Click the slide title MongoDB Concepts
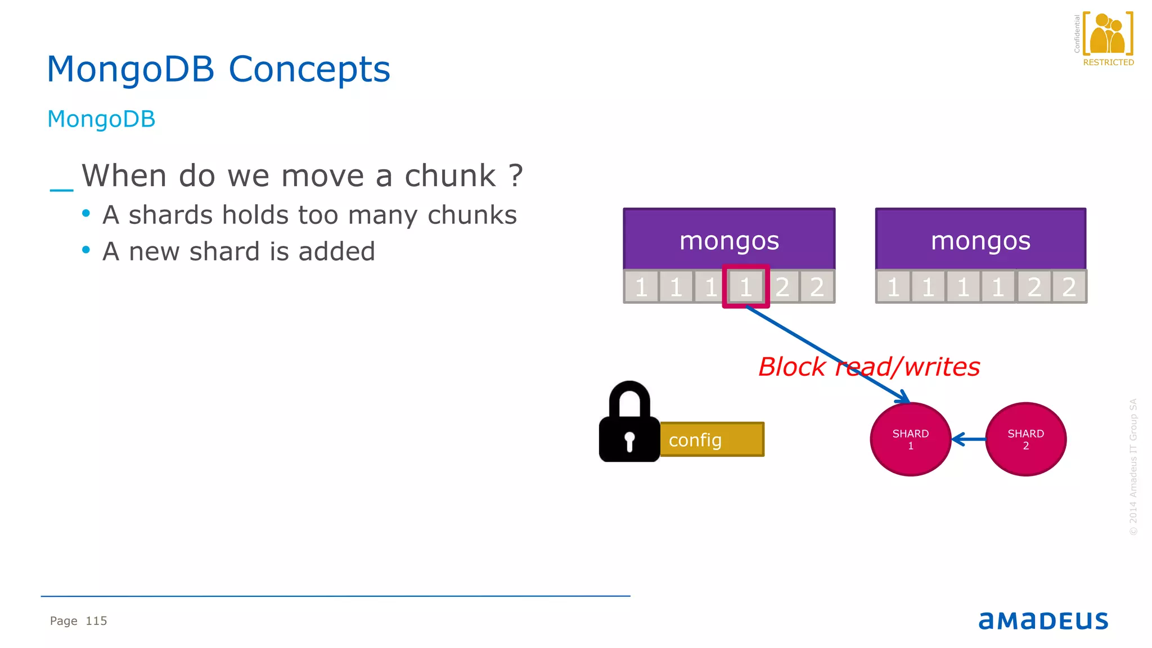(x=218, y=69)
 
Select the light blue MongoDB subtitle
(x=101, y=119)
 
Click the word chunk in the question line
(x=450, y=176)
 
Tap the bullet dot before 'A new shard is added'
(x=86, y=250)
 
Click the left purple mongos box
(x=729, y=240)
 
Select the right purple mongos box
(x=980, y=240)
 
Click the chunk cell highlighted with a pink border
(x=746, y=287)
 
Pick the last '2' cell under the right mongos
(x=1069, y=287)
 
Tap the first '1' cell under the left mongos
(x=641, y=287)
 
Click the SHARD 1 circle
(x=910, y=439)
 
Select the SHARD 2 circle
(x=1025, y=439)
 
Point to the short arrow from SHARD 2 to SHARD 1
(x=969, y=439)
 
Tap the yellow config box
(x=712, y=440)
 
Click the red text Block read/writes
(x=868, y=367)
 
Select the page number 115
(x=96, y=621)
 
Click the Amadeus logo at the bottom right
(x=1043, y=620)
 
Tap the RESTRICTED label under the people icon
(x=1108, y=62)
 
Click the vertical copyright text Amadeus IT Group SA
(x=1133, y=467)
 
